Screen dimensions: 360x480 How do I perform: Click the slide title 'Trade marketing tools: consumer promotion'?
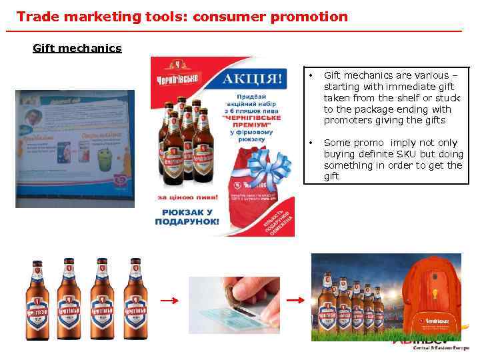coord(182,17)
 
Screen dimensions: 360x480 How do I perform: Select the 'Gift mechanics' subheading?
coord(77,48)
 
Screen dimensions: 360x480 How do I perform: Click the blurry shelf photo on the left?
coord(75,149)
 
